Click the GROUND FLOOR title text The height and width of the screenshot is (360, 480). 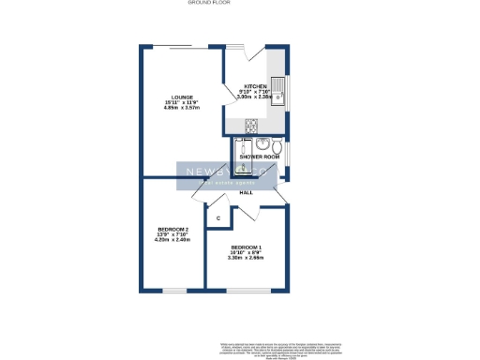[x=209, y=4]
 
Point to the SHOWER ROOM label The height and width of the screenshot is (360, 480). [x=261, y=157]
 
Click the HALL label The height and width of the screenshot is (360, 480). [x=247, y=192]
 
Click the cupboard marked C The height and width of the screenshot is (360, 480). [x=217, y=218]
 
